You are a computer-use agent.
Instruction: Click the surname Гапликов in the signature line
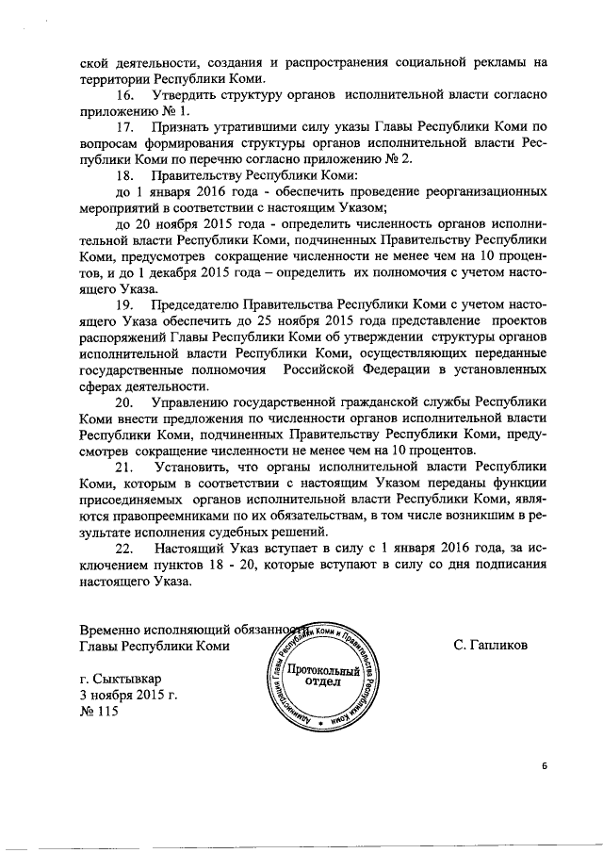click(490, 646)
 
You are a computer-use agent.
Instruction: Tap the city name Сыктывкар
click(132, 679)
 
